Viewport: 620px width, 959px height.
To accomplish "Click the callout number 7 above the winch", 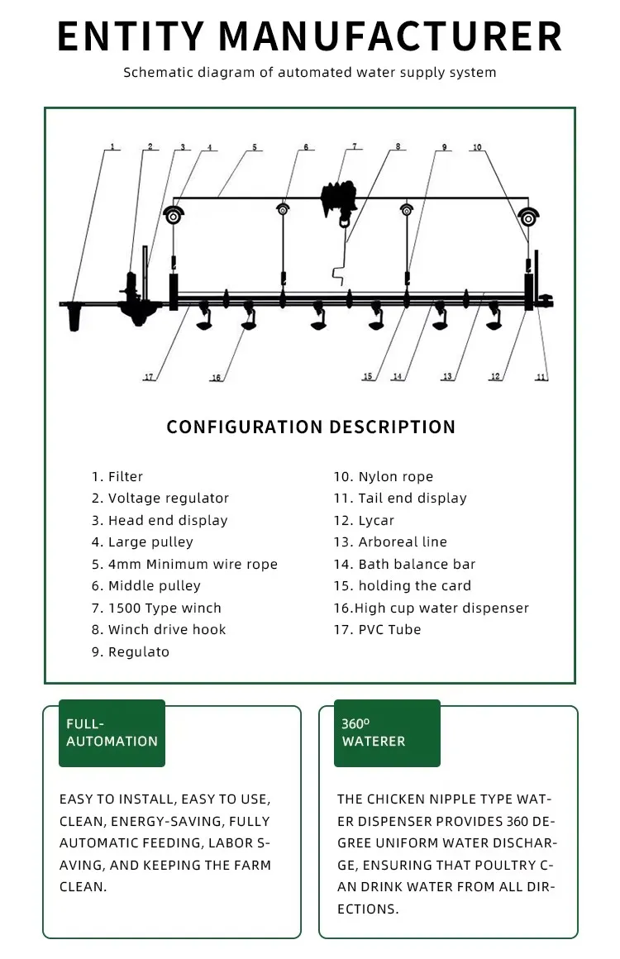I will click(355, 147).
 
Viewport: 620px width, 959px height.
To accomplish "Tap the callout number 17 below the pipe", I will click(149, 377).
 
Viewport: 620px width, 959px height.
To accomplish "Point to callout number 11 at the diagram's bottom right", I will click(541, 377).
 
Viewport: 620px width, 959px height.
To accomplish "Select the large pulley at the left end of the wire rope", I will click(174, 215).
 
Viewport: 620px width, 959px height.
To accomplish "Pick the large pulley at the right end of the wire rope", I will click(528, 217).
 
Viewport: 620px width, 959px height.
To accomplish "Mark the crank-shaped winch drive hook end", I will click(336, 272).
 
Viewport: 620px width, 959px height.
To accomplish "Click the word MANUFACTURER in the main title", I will click(393, 37).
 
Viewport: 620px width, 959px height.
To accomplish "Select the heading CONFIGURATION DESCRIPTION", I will click(311, 427).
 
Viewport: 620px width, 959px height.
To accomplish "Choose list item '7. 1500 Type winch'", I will click(156, 608).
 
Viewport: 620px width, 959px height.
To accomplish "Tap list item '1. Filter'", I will click(117, 477).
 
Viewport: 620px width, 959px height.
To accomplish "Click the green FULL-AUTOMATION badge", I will click(112, 732).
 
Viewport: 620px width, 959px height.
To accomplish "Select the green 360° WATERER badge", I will click(387, 732).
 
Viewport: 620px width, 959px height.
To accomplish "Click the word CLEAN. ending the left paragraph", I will click(83, 886).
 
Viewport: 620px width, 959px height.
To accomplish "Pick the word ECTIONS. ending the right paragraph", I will click(368, 909).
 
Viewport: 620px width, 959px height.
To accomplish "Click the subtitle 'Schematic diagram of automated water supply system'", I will click(310, 73).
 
